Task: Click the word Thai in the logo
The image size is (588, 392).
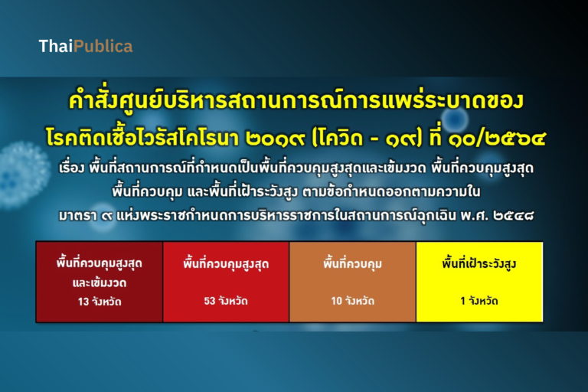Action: click(56, 46)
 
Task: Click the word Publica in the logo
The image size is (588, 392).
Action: click(103, 46)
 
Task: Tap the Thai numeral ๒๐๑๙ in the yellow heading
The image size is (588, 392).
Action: click(276, 138)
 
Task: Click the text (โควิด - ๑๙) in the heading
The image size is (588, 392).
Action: click(367, 138)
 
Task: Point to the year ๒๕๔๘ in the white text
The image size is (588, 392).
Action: click(514, 216)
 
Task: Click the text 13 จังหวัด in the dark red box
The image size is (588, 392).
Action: click(100, 302)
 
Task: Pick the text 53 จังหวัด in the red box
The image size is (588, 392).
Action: click(226, 301)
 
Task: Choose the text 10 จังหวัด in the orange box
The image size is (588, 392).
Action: click(352, 301)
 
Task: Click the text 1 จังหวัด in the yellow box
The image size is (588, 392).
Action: click(479, 301)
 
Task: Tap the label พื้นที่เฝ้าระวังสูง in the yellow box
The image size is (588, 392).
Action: click(479, 263)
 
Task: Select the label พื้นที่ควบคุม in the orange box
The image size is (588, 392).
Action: click(352, 263)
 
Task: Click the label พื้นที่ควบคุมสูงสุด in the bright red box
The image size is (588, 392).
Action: click(226, 263)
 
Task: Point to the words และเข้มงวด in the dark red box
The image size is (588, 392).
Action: click(100, 283)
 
